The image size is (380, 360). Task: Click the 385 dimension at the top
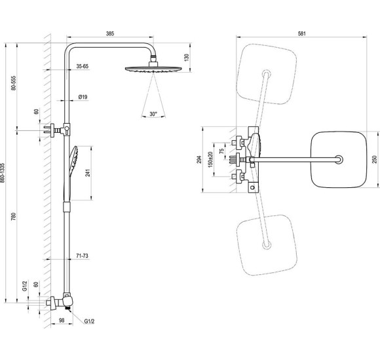(x=110, y=33)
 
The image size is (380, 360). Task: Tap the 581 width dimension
(x=301, y=33)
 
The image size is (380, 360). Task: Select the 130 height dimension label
(x=186, y=58)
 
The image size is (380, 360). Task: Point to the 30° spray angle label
(x=153, y=114)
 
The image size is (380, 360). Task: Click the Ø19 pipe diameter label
(x=83, y=97)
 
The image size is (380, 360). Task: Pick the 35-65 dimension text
(x=83, y=66)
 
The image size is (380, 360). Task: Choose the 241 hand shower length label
(x=88, y=173)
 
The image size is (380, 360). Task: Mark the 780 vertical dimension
(x=14, y=217)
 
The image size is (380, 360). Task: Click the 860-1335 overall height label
(x=2, y=173)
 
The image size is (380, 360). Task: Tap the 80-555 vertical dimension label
(x=14, y=83)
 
